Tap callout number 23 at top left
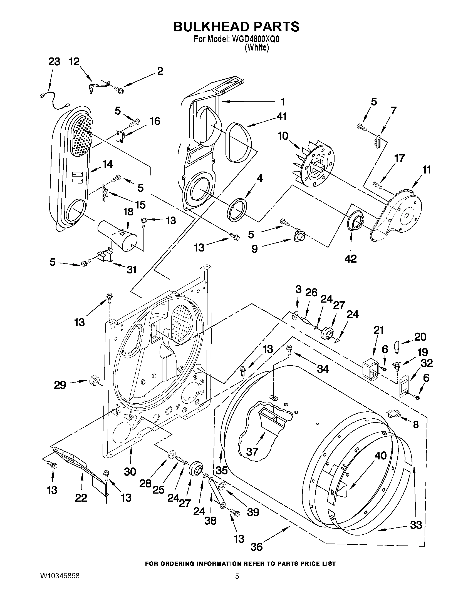[x=54, y=62]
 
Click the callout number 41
[x=281, y=116]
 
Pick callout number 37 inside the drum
[x=252, y=451]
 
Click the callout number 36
[x=256, y=554]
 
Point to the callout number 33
[x=416, y=525]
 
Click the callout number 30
[x=130, y=472]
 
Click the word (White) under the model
[x=257, y=48]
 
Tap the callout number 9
[x=254, y=248]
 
